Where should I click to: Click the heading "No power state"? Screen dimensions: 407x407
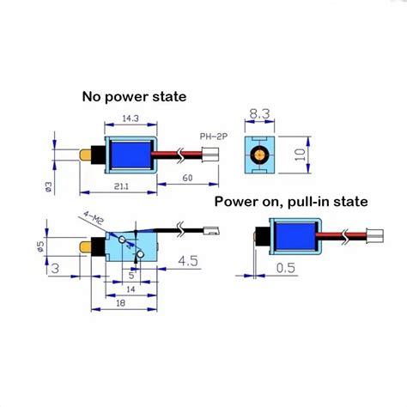[135, 96]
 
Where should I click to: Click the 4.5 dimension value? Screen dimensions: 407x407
[188, 258]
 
